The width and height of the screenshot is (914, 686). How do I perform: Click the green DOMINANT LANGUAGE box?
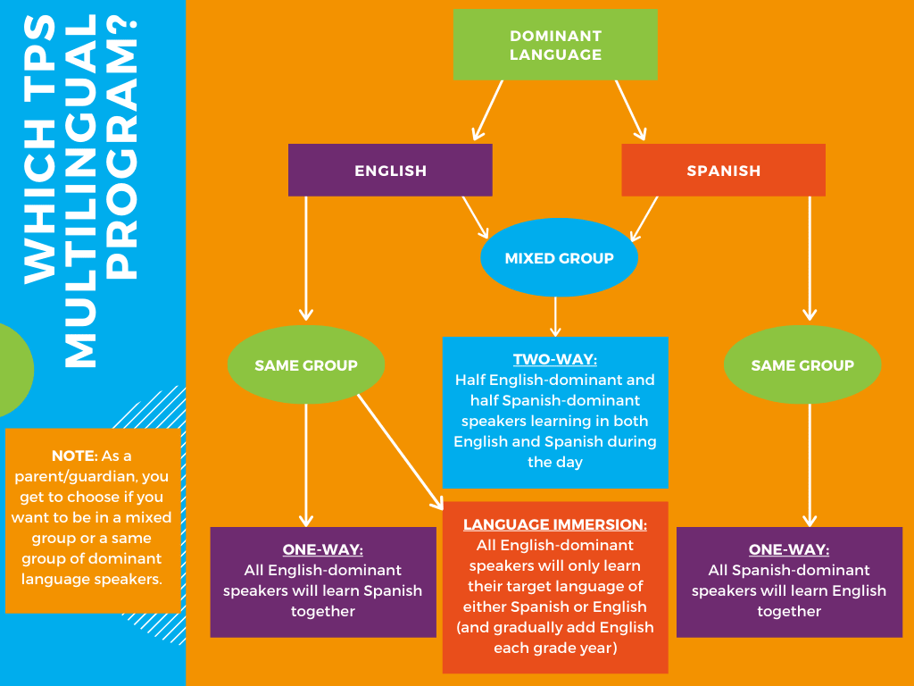(x=555, y=45)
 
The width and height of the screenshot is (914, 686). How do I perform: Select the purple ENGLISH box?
(x=390, y=170)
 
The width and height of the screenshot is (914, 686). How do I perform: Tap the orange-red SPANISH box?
(x=723, y=170)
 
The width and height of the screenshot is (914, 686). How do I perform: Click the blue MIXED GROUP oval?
(x=559, y=258)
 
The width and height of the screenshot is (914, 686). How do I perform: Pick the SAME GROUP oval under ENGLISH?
(x=305, y=364)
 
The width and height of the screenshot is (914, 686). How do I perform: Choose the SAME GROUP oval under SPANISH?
(x=802, y=364)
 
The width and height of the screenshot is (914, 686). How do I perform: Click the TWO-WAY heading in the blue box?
(x=554, y=360)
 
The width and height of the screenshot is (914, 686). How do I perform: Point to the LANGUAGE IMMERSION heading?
(x=555, y=524)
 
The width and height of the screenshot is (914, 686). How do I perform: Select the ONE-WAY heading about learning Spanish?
(x=322, y=549)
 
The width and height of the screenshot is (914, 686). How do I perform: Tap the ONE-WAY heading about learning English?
(x=789, y=549)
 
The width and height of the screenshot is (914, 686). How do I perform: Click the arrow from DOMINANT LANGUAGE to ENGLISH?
(x=487, y=110)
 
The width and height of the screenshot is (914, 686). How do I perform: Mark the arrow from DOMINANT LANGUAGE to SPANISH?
(x=630, y=110)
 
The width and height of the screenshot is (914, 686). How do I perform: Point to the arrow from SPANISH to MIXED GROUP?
(x=644, y=218)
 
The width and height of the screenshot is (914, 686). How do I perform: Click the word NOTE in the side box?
(x=72, y=456)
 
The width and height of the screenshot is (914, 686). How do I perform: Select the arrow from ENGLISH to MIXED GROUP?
(x=475, y=217)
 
